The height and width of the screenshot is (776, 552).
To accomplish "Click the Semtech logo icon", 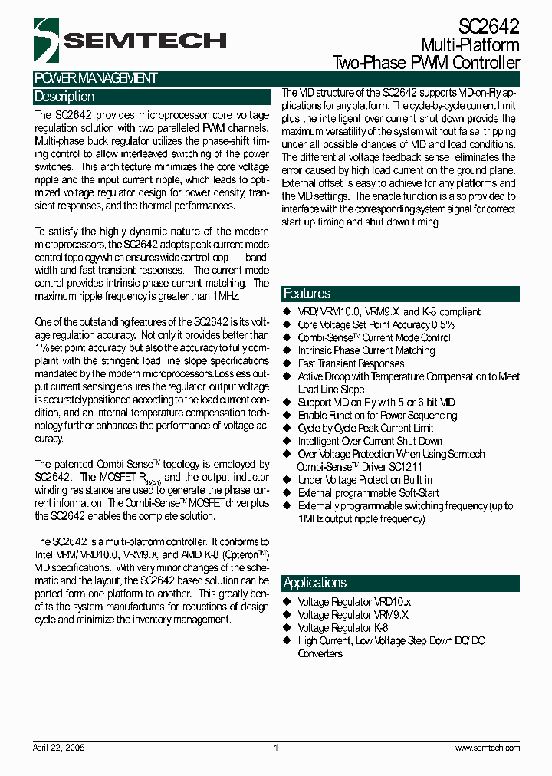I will [x=46, y=40].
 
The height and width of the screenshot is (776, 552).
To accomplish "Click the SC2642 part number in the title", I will [x=489, y=27].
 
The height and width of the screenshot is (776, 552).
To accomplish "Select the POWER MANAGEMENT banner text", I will [x=96, y=78].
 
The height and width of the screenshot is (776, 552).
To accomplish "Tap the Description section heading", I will [x=64, y=97].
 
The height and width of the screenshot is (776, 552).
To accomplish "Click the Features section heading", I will [x=307, y=294].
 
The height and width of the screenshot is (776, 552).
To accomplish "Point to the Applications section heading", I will [x=314, y=583].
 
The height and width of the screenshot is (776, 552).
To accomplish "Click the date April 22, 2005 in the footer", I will [x=59, y=748].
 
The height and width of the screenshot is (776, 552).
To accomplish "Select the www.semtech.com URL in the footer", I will [x=488, y=748].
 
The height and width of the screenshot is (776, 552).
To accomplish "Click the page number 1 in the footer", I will [x=276, y=748].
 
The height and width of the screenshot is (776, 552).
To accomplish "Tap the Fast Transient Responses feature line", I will [x=350, y=363].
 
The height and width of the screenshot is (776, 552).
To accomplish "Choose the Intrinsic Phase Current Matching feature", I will [x=366, y=350].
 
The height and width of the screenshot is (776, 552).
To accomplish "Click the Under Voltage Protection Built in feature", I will [x=365, y=480].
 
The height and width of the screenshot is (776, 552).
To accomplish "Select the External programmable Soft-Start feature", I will [x=368, y=493].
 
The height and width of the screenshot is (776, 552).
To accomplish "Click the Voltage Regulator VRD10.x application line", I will [x=354, y=602].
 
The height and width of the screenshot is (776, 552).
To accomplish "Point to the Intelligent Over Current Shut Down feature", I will [x=370, y=441].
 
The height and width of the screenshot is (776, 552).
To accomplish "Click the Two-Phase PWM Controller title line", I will [x=426, y=63].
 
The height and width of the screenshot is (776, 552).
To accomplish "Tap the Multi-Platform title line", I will [x=470, y=46].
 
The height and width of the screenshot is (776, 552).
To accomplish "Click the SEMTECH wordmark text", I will [x=145, y=41].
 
